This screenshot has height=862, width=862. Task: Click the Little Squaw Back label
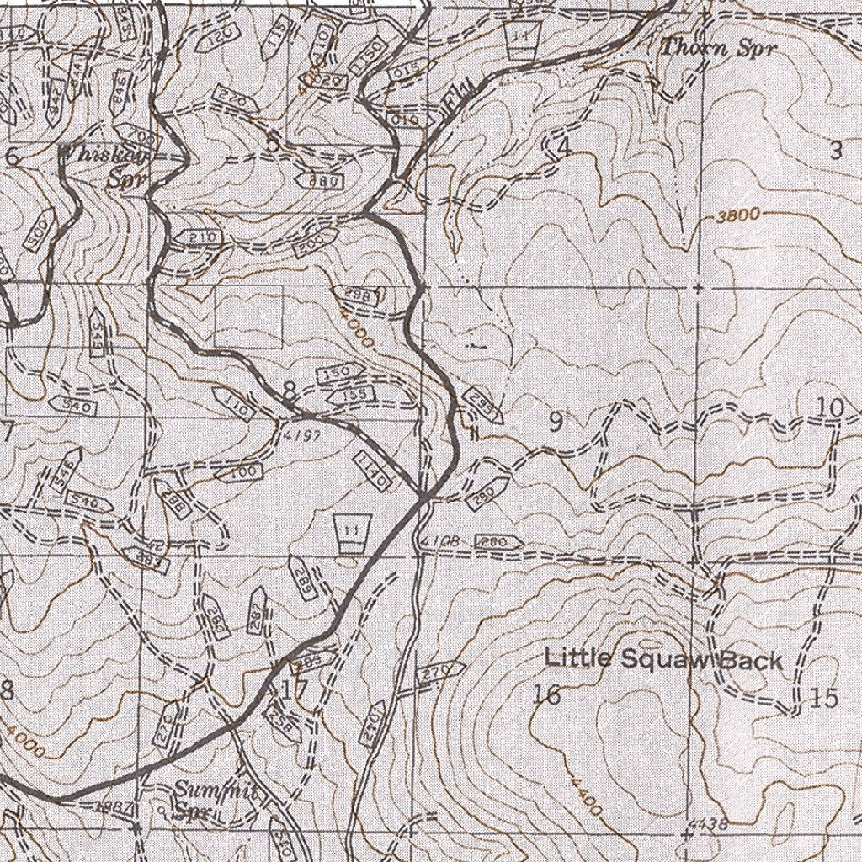(x=664, y=659)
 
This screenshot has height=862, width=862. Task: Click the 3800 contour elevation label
(x=737, y=216)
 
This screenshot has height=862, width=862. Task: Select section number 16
(x=547, y=694)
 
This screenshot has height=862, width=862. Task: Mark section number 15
(x=826, y=698)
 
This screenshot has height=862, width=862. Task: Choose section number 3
(x=835, y=152)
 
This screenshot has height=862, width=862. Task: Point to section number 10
(x=830, y=407)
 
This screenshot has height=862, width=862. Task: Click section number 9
(x=556, y=423)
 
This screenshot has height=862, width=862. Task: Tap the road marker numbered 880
(x=322, y=181)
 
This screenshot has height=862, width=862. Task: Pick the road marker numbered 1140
(x=371, y=470)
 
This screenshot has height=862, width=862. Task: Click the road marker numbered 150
(x=338, y=374)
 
